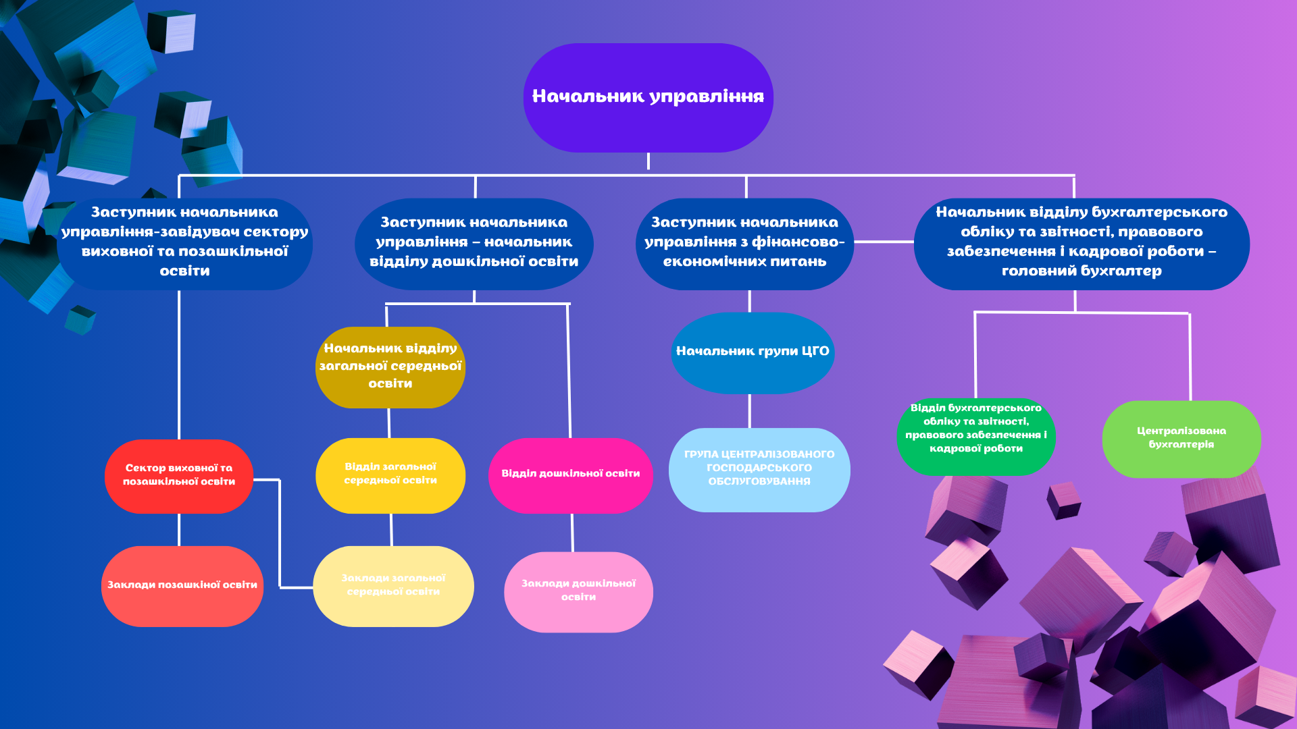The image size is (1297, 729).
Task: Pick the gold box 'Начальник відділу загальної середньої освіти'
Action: click(390, 367)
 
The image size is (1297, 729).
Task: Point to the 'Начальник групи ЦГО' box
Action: click(752, 352)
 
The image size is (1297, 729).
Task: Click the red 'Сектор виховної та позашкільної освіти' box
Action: click(179, 476)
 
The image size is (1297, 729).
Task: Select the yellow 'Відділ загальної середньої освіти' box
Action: click(390, 475)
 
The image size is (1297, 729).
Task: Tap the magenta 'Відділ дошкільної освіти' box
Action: click(570, 475)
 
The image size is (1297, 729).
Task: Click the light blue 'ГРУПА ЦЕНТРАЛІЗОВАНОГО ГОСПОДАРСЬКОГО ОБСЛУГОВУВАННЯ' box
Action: click(759, 469)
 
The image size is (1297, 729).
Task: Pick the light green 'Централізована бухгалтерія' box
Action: click(1181, 439)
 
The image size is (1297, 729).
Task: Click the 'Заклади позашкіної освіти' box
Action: click(182, 586)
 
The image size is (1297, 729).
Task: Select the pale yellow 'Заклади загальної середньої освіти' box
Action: click(393, 586)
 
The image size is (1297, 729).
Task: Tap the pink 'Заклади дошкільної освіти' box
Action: click(578, 591)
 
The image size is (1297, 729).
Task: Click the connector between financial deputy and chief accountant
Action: click(884, 241)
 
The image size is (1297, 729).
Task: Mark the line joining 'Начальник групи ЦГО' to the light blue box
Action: click(749, 410)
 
